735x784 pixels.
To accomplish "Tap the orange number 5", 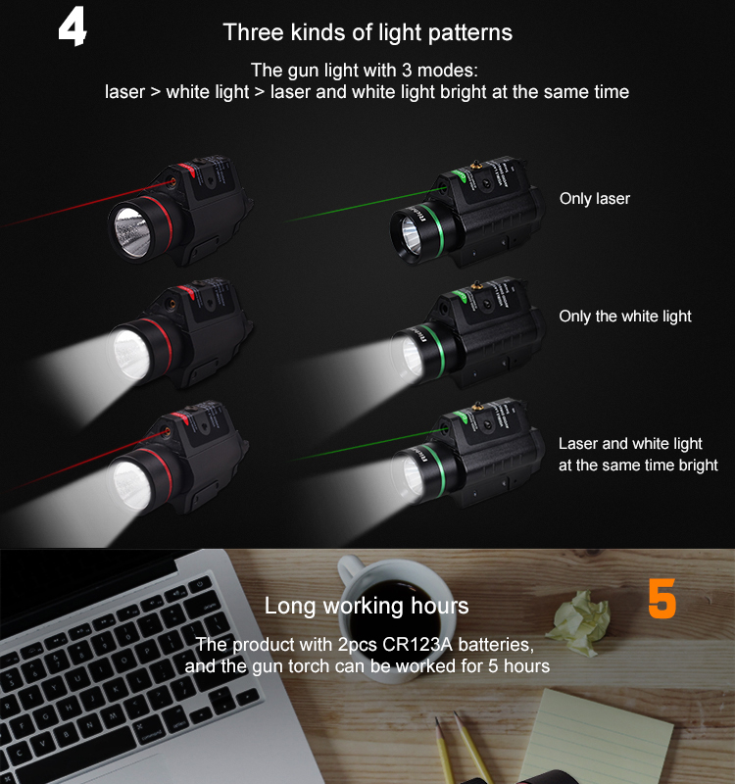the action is pyautogui.click(x=662, y=598).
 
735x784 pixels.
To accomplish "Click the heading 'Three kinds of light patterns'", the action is pyautogui.click(x=367, y=33).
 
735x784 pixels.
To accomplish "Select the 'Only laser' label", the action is pyautogui.click(x=595, y=199).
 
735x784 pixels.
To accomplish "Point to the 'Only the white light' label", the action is pyautogui.click(x=625, y=316).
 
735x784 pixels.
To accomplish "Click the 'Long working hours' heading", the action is pyautogui.click(x=367, y=606).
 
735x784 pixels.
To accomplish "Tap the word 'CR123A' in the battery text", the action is pyautogui.click(x=417, y=645).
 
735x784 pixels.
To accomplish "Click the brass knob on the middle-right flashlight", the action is pyautogui.click(x=477, y=285).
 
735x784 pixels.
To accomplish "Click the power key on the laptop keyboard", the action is pyautogui.click(x=200, y=583).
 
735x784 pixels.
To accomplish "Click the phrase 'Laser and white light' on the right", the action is pyautogui.click(x=630, y=444).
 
